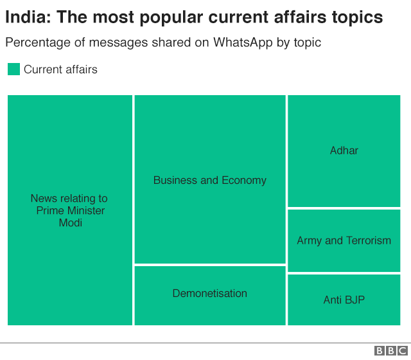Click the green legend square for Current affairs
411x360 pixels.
coord(13,69)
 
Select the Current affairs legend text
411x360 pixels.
coord(60,69)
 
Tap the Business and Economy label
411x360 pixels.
coord(209,180)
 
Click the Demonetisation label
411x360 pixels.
coord(209,293)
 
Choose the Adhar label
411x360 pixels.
coord(344,150)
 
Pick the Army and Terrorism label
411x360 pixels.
coord(344,240)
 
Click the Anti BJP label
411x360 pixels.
coord(344,300)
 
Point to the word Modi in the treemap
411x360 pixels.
coord(71,222)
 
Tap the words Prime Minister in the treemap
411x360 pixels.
coord(71,210)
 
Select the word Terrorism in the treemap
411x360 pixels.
coord(368,240)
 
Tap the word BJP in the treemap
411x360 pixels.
coord(354,300)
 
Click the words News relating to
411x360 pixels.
coord(69,198)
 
